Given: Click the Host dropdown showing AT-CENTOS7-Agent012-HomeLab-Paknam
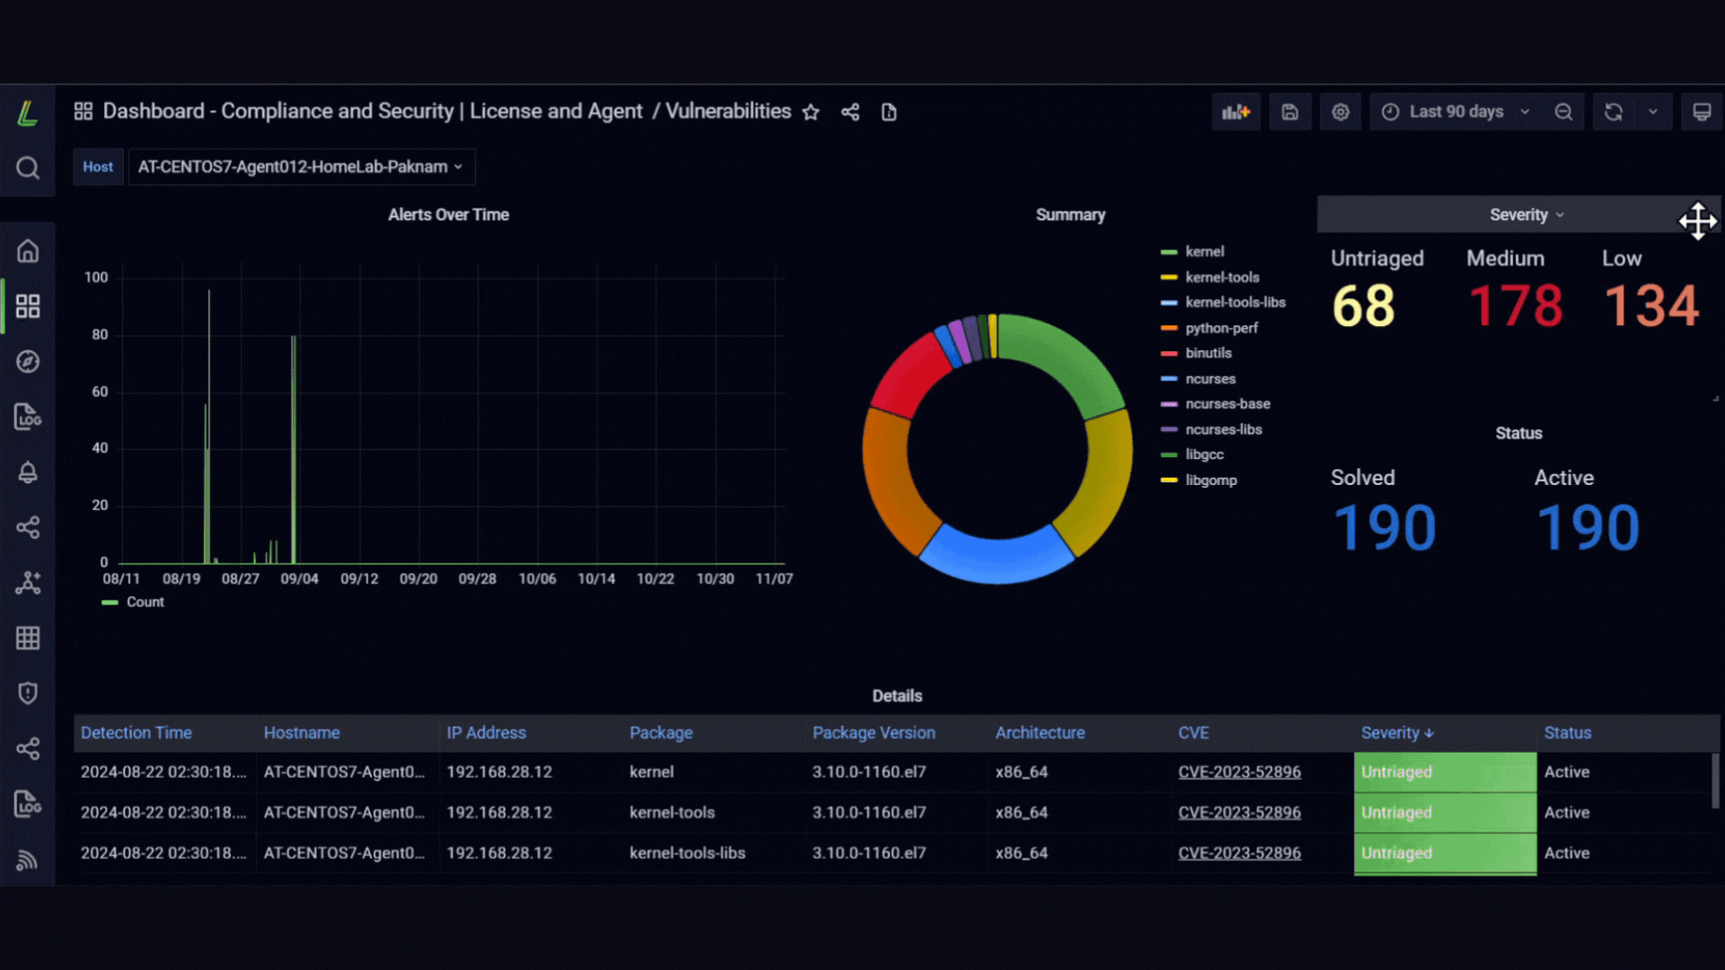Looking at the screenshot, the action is point(301,167).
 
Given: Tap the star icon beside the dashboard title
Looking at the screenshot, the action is point(811,112).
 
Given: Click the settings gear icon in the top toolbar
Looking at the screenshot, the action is point(1340,112).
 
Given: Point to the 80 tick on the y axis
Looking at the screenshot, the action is point(100,335).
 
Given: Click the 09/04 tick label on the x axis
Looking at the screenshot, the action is point(299,579).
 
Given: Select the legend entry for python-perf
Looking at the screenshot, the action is point(1209,329).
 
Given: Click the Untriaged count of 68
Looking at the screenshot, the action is point(1363,306).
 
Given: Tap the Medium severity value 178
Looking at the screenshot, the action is point(1516,306).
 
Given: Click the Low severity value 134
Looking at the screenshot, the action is point(1651,306).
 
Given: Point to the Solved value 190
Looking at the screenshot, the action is point(1384,527).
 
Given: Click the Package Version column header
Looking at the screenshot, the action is point(873,733).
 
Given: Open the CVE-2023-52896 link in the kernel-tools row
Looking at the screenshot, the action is point(1239,813).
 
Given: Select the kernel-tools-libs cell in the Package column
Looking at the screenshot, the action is point(687,853).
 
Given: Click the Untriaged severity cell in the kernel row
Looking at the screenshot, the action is point(1445,772).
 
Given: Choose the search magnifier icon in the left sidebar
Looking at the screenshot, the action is point(28,168).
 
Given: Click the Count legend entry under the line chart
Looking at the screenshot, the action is point(133,603).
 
